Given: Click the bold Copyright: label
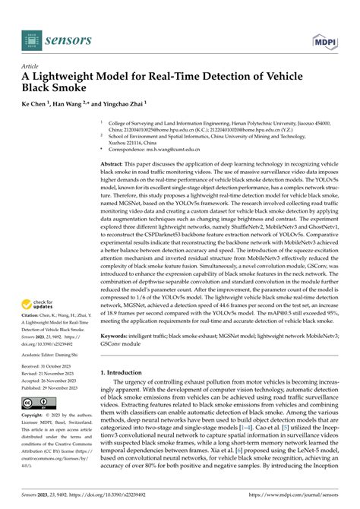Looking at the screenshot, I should point(31,438).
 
